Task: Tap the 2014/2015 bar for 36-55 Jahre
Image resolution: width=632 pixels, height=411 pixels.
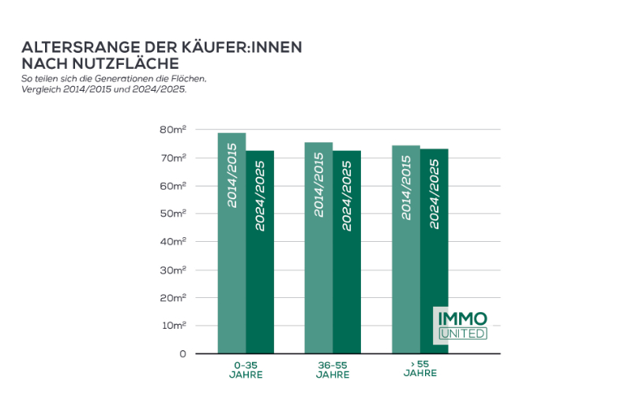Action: click(x=318, y=247)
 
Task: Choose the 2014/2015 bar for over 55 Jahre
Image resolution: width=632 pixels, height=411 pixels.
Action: click(x=406, y=249)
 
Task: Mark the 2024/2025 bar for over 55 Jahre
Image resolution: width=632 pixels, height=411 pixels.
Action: click(x=434, y=251)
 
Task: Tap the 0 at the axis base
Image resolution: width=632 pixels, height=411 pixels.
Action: click(x=182, y=353)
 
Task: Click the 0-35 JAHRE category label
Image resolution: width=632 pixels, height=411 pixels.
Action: click(x=246, y=369)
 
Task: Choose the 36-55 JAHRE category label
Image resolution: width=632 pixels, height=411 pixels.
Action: click(x=333, y=369)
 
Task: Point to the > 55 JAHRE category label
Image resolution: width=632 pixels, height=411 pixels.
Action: click(x=419, y=369)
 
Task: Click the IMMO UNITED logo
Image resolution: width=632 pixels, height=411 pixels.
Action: click(x=462, y=326)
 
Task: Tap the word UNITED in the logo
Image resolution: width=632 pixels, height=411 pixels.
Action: click(x=462, y=334)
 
